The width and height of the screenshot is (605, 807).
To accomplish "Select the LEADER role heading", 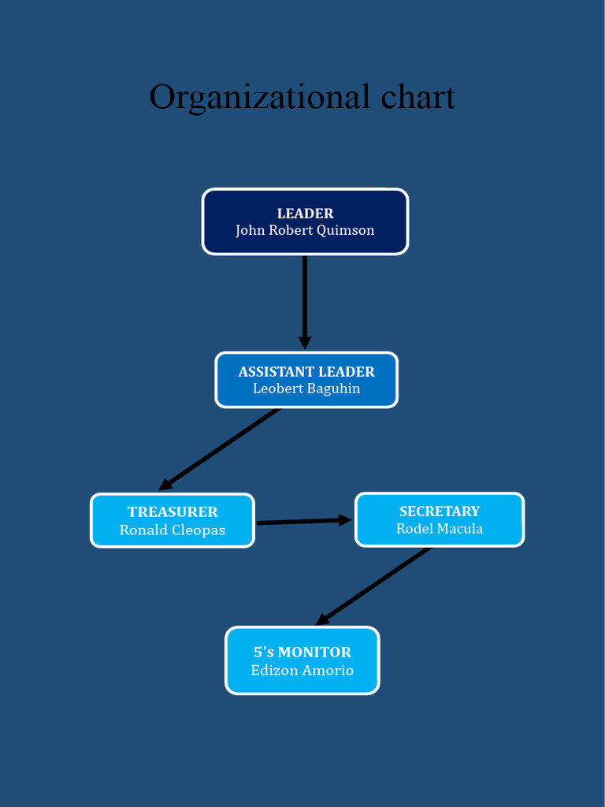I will [x=305, y=214].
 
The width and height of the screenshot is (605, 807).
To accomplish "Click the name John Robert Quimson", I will [x=305, y=231].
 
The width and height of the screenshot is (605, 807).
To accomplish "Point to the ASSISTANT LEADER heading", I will [x=306, y=372].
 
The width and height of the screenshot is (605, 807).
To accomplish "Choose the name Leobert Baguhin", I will [x=306, y=389].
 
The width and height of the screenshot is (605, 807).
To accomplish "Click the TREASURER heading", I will [x=173, y=512].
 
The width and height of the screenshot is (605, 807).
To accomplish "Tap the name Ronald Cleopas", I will [x=173, y=530].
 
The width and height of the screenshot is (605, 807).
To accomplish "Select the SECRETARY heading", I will [x=440, y=511].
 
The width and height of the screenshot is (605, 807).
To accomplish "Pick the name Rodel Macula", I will [x=440, y=529].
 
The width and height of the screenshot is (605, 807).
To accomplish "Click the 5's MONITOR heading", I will [x=302, y=653].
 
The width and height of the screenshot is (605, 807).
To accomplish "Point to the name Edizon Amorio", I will [x=302, y=671].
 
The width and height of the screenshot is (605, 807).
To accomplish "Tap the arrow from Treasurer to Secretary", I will [x=299, y=521].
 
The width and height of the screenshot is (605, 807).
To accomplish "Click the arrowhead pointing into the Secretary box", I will [x=345, y=520].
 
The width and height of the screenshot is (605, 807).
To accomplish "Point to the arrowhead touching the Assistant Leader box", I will [x=305, y=343].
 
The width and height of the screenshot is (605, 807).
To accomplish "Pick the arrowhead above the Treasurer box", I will [x=165, y=484].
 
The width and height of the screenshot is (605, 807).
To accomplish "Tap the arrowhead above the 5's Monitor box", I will [x=322, y=619].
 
